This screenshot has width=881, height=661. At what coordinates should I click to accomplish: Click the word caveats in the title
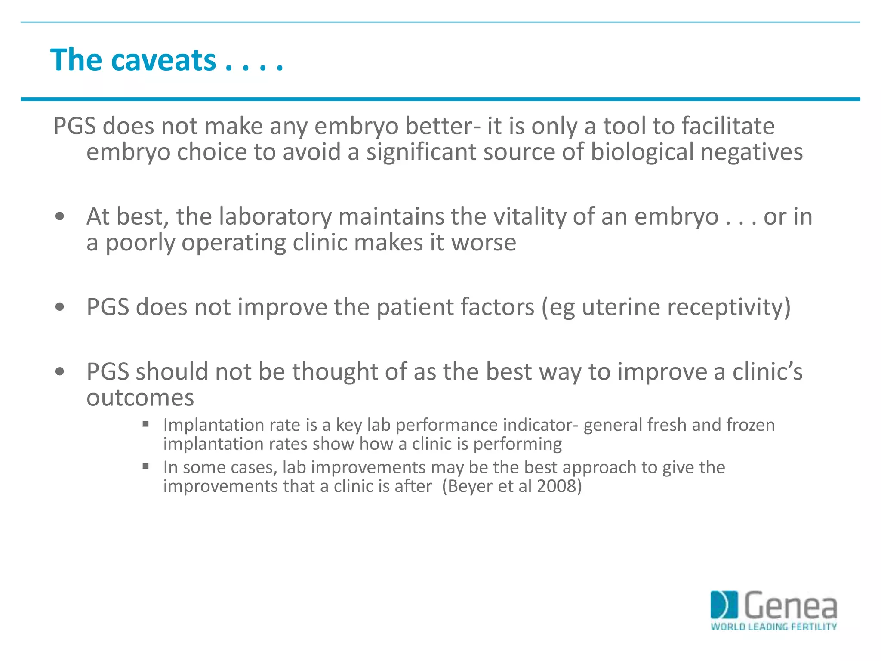[163, 60]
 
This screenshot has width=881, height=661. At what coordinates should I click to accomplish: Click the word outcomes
[140, 398]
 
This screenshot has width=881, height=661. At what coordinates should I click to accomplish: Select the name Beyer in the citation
[471, 486]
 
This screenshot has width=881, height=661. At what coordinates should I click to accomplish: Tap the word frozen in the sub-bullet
[751, 425]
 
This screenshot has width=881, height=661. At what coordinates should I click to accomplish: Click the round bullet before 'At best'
[60, 216]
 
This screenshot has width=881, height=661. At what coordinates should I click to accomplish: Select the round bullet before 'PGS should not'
[60, 371]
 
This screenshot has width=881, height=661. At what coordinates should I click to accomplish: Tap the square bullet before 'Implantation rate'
[146, 424]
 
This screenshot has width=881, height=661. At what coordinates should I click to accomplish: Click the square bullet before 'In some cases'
[146, 466]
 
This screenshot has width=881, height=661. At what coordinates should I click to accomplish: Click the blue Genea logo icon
[724, 605]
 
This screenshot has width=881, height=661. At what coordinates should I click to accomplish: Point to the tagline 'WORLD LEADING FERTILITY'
[773, 627]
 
